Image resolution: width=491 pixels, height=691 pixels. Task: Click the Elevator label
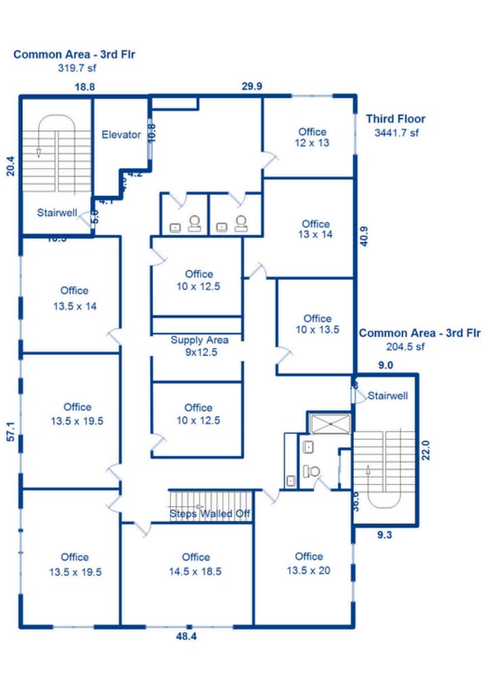pos(121,134)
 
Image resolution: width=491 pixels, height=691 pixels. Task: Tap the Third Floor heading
pos(396,119)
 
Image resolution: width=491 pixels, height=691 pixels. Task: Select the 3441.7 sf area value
pos(396,133)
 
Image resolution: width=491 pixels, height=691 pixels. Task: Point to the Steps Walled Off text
pos(210,514)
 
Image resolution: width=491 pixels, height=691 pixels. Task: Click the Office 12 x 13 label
pos(312,138)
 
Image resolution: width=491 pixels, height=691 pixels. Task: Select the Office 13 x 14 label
pos(316,229)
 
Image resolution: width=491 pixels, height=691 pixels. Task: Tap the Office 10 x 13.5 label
pos(317,324)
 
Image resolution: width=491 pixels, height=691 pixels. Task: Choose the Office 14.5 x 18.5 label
pos(196,564)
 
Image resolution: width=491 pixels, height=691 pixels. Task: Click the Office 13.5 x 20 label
pos(309,563)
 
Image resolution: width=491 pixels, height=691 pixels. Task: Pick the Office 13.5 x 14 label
pos(74,298)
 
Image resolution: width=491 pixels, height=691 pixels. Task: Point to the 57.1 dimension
pos(11,433)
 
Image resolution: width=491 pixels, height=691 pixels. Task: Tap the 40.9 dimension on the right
pos(364,236)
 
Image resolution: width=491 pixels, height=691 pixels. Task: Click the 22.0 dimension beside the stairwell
pos(426,451)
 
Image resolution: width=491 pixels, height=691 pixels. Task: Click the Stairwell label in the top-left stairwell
pos(57,213)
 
